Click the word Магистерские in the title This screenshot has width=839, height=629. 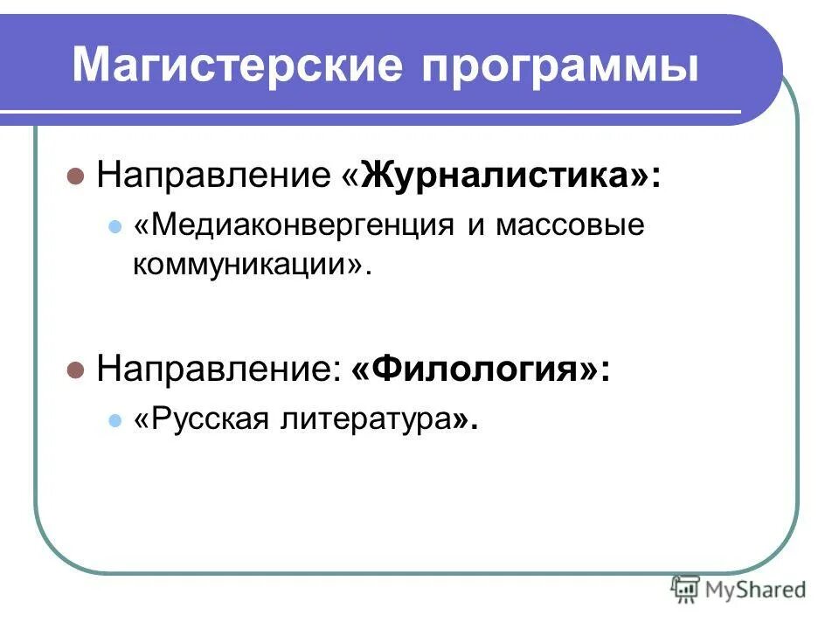(x=235, y=66)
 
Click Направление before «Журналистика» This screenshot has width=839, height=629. (x=214, y=176)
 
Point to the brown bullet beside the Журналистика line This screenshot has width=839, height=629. (x=75, y=176)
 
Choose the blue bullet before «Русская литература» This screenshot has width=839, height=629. (x=113, y=420)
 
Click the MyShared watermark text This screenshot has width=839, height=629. (x=757, y=589)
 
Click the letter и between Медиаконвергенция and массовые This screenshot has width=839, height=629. (x=475, y=226)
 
